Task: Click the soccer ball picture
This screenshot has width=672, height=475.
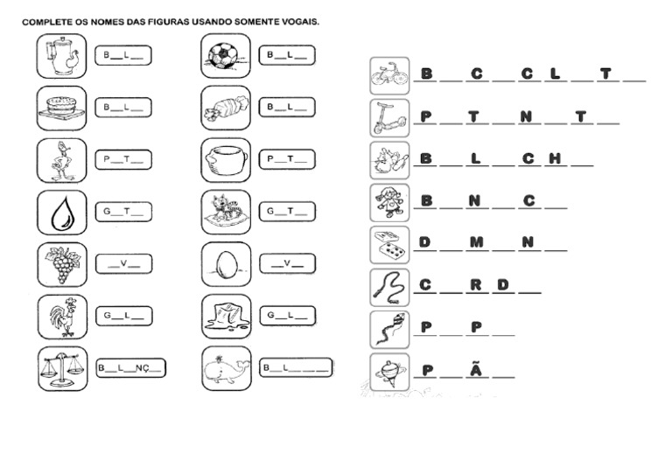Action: pyautogui.click(x=226, y=56)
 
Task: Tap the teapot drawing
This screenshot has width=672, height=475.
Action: pyautogui.click(x=62, y=56)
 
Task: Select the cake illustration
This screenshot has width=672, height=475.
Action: pyautogui.click(x=62, y=108)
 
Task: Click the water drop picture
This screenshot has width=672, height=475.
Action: pyautogui.click(x=62, y=212)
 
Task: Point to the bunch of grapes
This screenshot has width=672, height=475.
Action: pyautogui.click(x=62, y=263)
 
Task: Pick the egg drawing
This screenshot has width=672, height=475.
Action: pyautogui.click(x=226, y=263)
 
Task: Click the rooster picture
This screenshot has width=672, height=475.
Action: pyautogui.click(x=62, y=316)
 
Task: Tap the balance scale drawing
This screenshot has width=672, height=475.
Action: pyautogui.click(x=62, y=368)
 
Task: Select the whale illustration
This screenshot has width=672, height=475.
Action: pyautogui.click(x=226, y=368)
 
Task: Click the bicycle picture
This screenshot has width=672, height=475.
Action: pyautogui.click(x=389, y=76)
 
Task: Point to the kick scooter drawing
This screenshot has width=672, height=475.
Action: pyautogui.click(x=389, y=117)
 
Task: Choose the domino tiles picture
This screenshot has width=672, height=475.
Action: pyautogui.click(x=389, y=245)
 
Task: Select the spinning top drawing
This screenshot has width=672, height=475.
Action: pyautogui.click(x=389, y=371)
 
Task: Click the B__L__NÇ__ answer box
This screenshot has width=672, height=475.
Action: pyautogui.click(x=129, y=368)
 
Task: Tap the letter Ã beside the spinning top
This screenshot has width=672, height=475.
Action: pyautogui.click(x=476, y=369)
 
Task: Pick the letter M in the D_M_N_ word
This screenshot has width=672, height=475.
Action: pyautogui.click(x=476, y=242)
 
